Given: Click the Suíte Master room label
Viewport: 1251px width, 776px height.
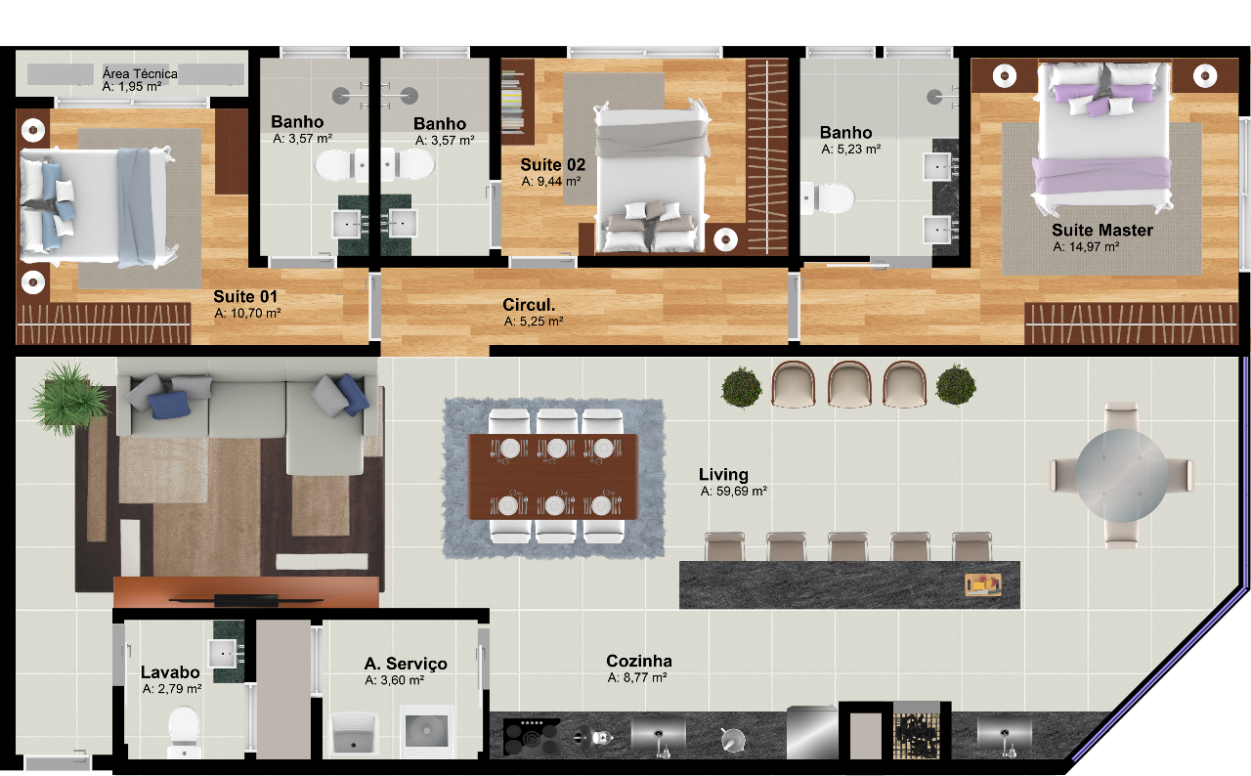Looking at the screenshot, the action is pos(1101,230).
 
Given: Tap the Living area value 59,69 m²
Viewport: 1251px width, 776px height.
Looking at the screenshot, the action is pos(733,492).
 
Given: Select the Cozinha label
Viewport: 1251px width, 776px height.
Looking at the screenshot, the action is pos(639,661).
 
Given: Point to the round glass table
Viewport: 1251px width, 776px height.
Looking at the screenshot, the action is pos(1121,476).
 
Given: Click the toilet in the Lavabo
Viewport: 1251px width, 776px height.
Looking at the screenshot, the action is pos(184,732).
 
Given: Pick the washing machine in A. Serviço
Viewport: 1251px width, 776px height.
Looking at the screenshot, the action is pos(426,731).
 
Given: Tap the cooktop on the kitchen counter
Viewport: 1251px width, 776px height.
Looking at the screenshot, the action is pos(531,737).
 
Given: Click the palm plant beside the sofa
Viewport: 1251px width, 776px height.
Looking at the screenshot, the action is pos(68,398).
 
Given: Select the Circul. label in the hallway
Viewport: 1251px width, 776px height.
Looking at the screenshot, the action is pos(529,305).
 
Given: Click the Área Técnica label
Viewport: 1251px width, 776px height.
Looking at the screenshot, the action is pos(140,73).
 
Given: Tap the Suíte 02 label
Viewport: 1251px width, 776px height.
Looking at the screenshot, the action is pos(552,165).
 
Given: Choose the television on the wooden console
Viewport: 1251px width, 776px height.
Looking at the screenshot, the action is pos(246,601).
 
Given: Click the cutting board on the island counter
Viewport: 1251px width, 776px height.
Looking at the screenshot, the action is pos(983,584).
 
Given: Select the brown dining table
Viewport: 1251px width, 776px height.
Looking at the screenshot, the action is pos(553,477).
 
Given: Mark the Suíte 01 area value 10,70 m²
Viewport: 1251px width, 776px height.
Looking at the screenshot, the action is pos(247,314).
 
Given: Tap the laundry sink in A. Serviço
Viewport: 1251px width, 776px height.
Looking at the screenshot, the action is pos(355,733).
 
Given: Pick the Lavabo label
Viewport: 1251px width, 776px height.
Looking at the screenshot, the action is pos(170,672).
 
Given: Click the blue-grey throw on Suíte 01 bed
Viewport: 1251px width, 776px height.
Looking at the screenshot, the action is pos(134,206).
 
